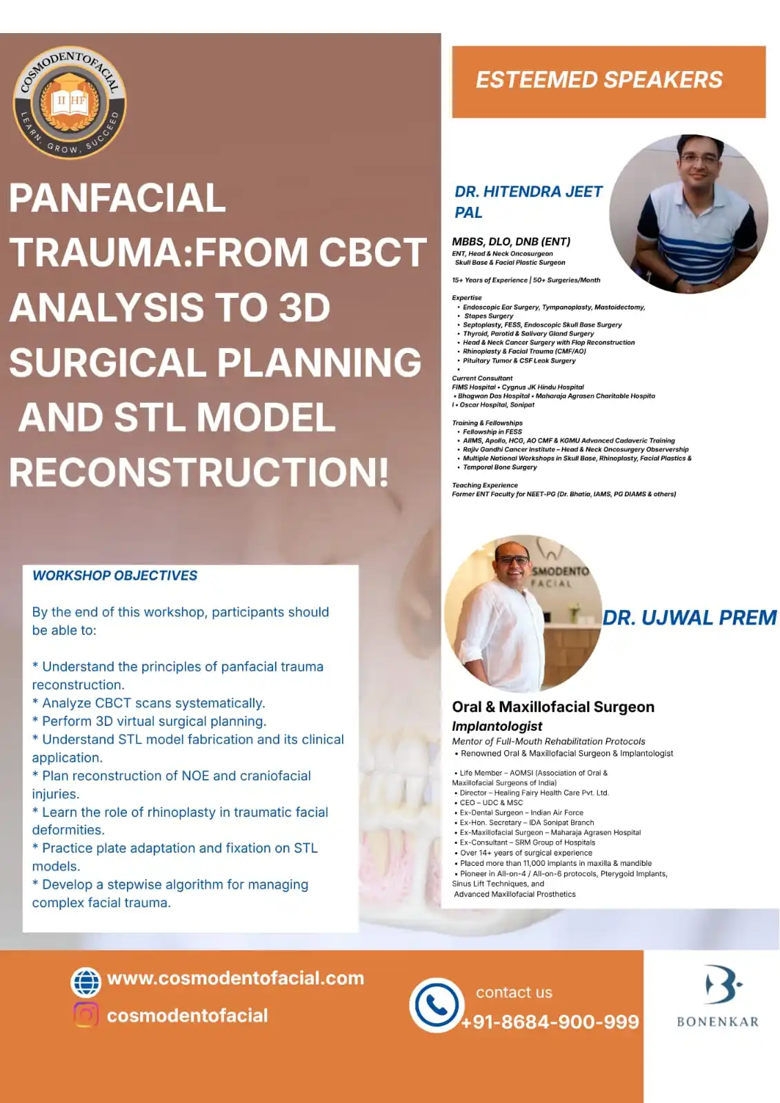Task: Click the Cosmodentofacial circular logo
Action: (70, 103)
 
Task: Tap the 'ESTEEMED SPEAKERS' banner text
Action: (599, 80)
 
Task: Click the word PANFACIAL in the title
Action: (117, 197)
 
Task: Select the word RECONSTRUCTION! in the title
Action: (199, 472)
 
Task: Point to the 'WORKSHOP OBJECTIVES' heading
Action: (114, 575)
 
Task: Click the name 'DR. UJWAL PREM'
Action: (690, 618)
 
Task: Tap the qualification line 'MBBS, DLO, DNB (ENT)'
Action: (511, 241)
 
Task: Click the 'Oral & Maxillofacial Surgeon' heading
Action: (553, 707)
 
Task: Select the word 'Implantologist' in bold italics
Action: (497, 727)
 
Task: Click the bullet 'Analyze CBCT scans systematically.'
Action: (149, 703)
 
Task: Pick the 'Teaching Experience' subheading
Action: (485, 485)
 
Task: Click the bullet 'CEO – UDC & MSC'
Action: (488, 802)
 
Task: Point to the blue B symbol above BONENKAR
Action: (722, 986)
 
